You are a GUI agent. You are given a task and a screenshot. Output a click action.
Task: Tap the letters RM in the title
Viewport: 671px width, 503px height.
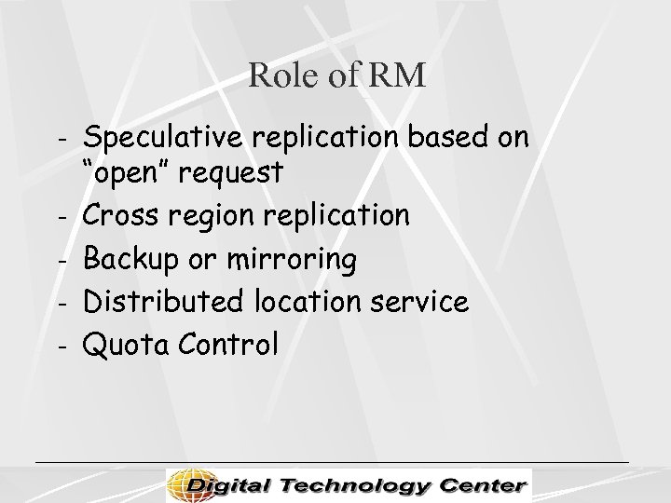coord(399,75)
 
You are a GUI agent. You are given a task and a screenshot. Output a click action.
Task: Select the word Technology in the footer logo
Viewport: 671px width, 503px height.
coord(361,484)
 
